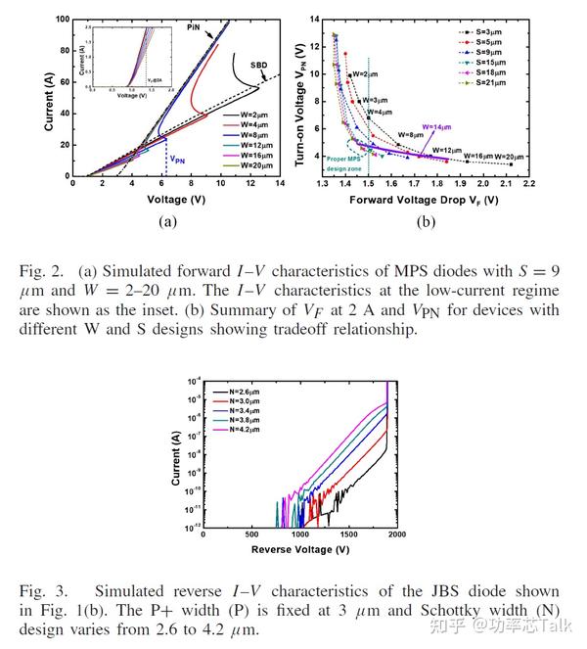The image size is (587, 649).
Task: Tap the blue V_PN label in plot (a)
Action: pos(179,157)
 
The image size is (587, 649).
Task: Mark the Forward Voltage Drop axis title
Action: pos(425,199)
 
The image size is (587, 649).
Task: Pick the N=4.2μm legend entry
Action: pos(237,429)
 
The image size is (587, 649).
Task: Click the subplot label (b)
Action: pos(426,222)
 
